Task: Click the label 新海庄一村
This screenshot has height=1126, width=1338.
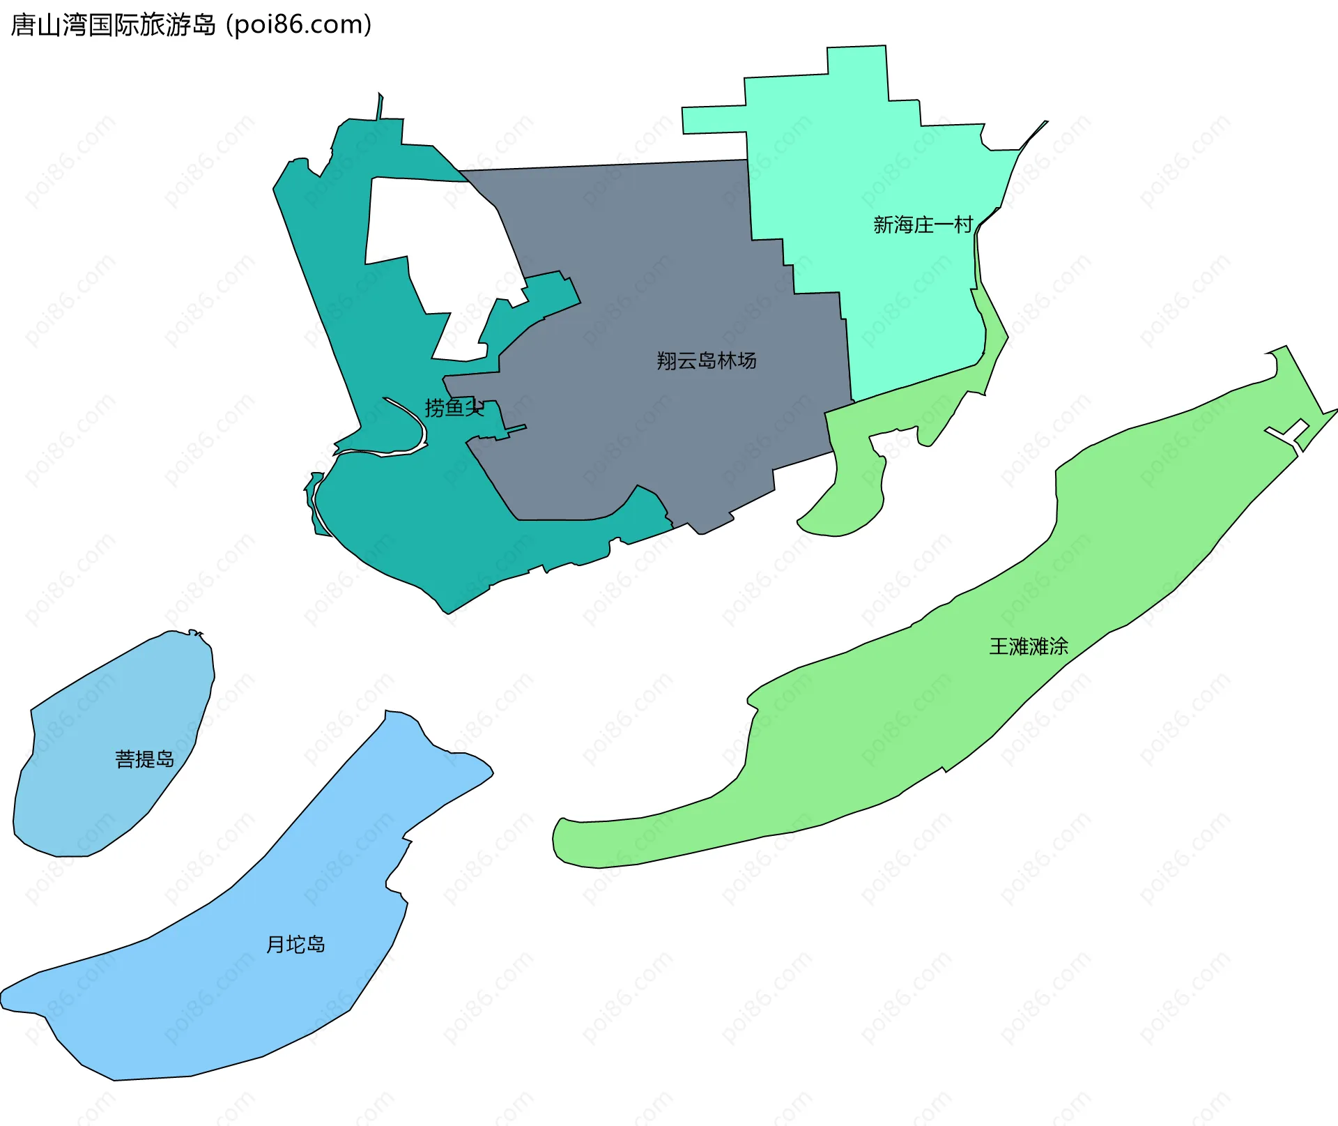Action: (x=923, y=225)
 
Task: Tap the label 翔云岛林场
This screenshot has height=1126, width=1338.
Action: (x=706, y=360)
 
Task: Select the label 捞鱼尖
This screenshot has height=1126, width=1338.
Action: (x=454, y=407)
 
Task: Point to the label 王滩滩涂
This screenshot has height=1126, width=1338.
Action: (x=1029, y=646)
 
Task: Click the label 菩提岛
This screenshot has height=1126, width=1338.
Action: (x=144, y=759)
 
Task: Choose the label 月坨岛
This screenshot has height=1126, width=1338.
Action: (x=295, y=944)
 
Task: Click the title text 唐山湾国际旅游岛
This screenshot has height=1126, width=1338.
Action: (x=114, y=25)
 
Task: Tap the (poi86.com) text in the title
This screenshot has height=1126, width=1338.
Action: (x=298, y=25)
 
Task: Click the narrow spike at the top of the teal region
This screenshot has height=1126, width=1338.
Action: (x=379, y=106)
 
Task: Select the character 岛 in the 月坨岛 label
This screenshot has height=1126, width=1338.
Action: (x=316, y=944)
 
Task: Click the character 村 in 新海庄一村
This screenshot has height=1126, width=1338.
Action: (x=964, y=225)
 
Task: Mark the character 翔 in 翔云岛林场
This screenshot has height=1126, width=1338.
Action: (x=666, y=360)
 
